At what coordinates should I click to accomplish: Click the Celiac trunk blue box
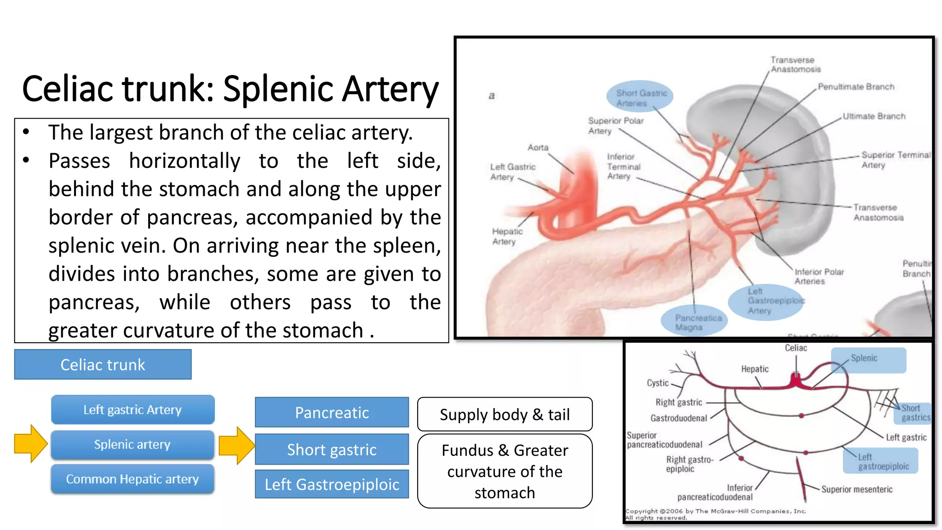tap(103, 364)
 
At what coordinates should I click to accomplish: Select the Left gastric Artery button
tap(132, 409)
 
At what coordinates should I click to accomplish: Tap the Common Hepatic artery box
tap(132, 479)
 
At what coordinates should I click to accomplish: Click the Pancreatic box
tap(332, 412)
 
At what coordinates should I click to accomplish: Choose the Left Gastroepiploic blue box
tap(332, 484)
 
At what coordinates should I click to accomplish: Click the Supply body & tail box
tap(505, 414)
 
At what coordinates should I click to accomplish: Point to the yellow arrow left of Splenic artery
tap(30, 444)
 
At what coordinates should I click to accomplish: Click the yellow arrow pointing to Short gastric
tap(236, 445)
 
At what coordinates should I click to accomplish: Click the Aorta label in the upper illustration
tap(538, 147)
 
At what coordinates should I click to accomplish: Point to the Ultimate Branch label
tap(873, 116)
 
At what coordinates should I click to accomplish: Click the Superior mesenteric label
tap(856, 489)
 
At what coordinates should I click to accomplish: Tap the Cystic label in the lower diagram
tap(657, 383)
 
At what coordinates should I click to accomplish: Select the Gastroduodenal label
tap(678, 418)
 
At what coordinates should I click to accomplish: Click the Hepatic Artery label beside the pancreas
tap(507, 236)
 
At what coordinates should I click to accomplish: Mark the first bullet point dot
tap(26, 132)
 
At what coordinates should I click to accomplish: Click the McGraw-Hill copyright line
tap(715, 511)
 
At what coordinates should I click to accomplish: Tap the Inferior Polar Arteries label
tap(819, 276)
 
